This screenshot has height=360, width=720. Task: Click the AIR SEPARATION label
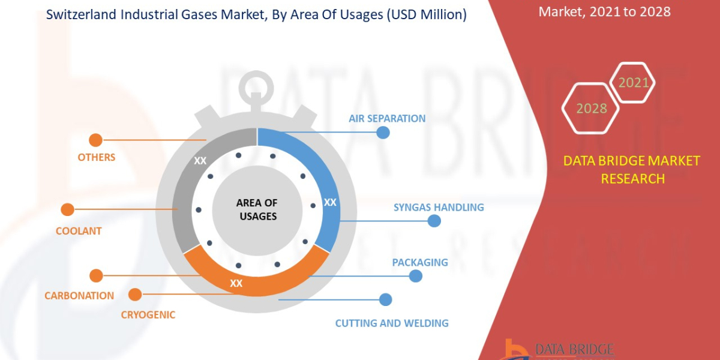pos(387,118)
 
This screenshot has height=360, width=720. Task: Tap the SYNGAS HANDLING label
pos(439,207)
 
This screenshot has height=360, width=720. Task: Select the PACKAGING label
pos(420,262)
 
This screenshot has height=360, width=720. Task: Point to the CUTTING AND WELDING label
pos(392,323)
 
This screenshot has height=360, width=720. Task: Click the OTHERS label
pos(96,157)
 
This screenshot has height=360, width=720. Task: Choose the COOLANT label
pos(79,231)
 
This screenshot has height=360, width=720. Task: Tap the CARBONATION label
pos(79,295)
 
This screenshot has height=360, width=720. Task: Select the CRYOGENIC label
pos(148,314)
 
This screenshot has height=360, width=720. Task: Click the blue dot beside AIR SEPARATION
pos(383,132)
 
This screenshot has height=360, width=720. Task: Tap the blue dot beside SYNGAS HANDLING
pos(434,221)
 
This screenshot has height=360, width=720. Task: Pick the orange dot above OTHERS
pos(95,140)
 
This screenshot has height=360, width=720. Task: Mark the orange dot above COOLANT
pos(67,210)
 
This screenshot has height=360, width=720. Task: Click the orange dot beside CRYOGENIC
pos(135,295)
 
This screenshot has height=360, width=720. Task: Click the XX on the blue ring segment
pos(330,202)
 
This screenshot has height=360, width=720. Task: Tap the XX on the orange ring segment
pos(236,283)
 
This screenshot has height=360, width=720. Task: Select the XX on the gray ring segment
pos(200,161)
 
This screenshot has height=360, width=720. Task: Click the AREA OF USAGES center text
pos(257,209)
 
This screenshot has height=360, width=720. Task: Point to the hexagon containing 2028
pos(592,109)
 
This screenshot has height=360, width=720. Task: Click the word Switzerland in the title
pos(82,15)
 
